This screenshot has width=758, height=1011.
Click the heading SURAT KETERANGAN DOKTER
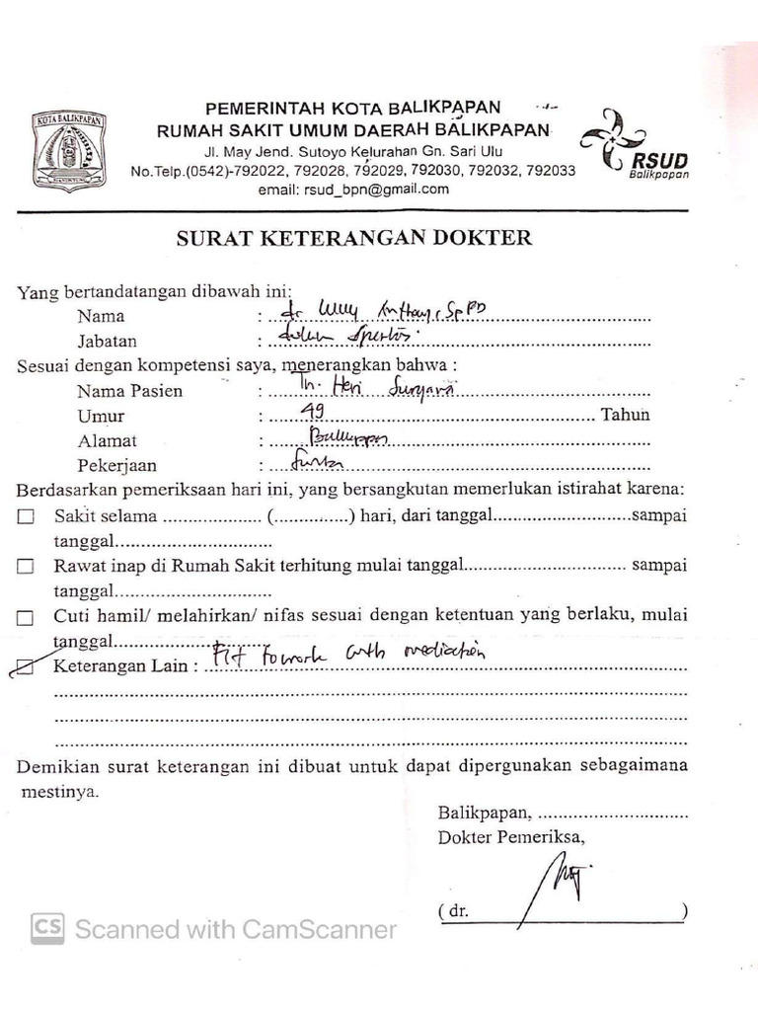353,238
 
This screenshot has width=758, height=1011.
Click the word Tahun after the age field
626,415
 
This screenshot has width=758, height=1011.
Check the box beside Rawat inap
26,567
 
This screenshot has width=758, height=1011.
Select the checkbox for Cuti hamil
26,617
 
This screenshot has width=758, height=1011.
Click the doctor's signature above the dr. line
553,882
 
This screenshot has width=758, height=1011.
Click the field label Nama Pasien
129,390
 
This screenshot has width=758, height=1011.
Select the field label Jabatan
107,342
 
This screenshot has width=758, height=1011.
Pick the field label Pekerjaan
116,465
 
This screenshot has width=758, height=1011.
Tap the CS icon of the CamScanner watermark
48,928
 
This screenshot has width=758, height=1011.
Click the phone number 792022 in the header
261,171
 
